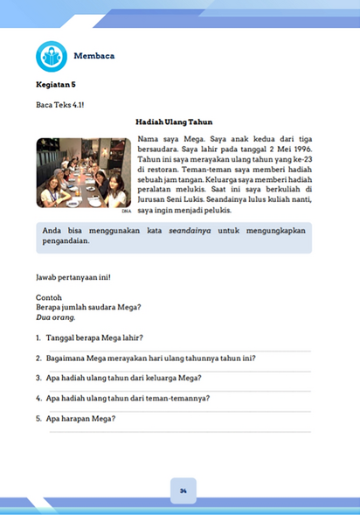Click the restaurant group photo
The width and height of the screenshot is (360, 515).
tap(83, 173)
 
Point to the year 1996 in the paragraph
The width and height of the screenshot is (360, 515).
tap(300, 149)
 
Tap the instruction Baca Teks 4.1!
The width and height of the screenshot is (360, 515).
tap(60, 106)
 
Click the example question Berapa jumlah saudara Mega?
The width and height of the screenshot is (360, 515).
tap(88, 307)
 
